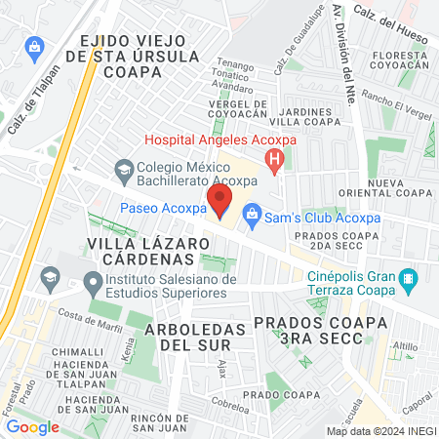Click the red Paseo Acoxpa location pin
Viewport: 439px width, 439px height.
(220, 203)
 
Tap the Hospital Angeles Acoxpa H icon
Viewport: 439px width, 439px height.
(277, 157)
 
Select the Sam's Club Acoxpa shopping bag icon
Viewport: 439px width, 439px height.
(251, 212)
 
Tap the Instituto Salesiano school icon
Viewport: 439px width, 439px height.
(93, 284)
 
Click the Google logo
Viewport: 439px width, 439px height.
(33, 426)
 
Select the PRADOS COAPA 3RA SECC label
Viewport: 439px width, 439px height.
(307, 330)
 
